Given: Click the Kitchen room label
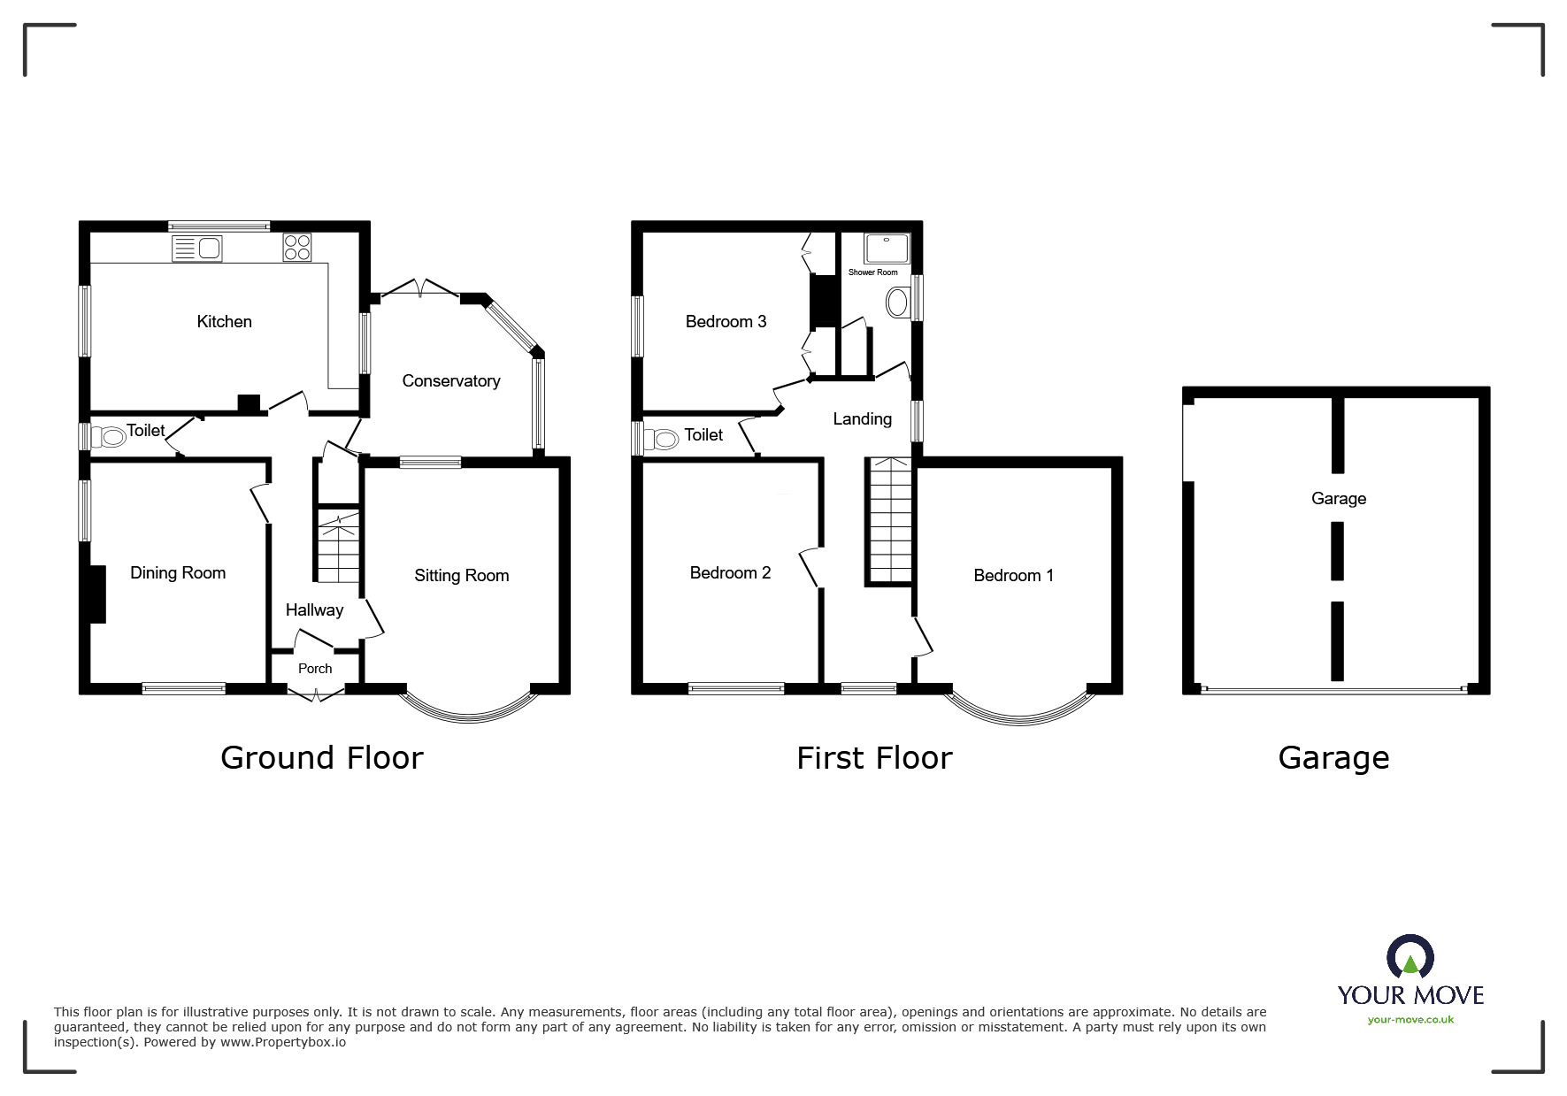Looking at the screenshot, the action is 224,322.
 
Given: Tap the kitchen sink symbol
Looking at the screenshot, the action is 197,249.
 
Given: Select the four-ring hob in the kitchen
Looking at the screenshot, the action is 297,247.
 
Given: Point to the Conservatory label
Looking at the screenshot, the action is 451,381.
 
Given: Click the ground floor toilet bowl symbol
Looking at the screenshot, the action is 112,436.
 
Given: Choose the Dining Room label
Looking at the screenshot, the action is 178,573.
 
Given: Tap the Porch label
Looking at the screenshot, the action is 315,669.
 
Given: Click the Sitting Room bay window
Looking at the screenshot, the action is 469,719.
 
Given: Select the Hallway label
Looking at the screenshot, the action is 314,610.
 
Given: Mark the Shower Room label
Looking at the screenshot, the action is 873,272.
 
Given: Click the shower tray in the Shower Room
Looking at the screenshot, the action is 887,249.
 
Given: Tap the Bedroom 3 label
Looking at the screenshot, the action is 726,322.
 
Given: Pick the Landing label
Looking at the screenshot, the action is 863,419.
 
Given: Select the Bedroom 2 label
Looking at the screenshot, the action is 730,573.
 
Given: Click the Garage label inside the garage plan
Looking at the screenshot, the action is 1339,499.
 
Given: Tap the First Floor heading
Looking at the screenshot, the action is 874,758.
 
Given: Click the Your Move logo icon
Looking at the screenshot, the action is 1410,956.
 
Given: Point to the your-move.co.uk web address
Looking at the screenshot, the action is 1410,1020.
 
